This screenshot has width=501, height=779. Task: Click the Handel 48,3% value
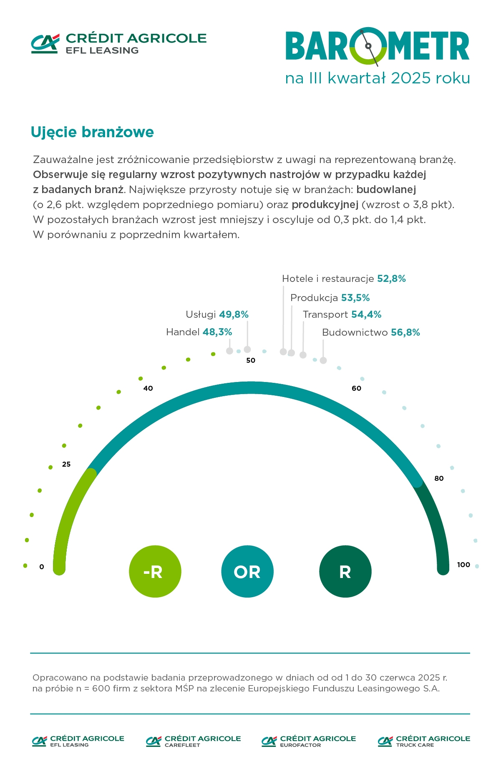point(217,332)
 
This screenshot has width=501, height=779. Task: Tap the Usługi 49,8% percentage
point(234,314)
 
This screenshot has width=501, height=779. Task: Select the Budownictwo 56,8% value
point(405,332)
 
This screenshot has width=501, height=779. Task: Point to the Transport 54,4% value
point(366,314)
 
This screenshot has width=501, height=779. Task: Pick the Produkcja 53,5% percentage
point(355,298)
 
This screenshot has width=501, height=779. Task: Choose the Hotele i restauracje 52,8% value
point(391,279)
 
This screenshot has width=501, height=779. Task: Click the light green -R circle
point(155,571)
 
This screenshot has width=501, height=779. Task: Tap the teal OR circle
point(247,571)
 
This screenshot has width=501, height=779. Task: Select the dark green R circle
point(345,571)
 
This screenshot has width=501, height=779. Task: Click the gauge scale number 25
point(66,464)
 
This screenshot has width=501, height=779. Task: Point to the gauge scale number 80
point(439,478)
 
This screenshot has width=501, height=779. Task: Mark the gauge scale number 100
point(463,565)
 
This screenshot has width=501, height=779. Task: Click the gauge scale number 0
point(42,567)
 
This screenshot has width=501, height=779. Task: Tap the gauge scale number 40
point(148,388)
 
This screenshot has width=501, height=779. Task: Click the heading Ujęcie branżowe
point(92,132)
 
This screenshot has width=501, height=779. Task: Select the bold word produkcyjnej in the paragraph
point(325,205)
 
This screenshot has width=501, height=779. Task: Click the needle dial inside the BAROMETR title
point(368,46)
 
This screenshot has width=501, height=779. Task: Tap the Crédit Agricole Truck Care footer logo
point(424,741)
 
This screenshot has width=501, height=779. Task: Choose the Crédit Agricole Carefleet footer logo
point(194,741)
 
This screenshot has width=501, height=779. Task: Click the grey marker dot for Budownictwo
point(323,360)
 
